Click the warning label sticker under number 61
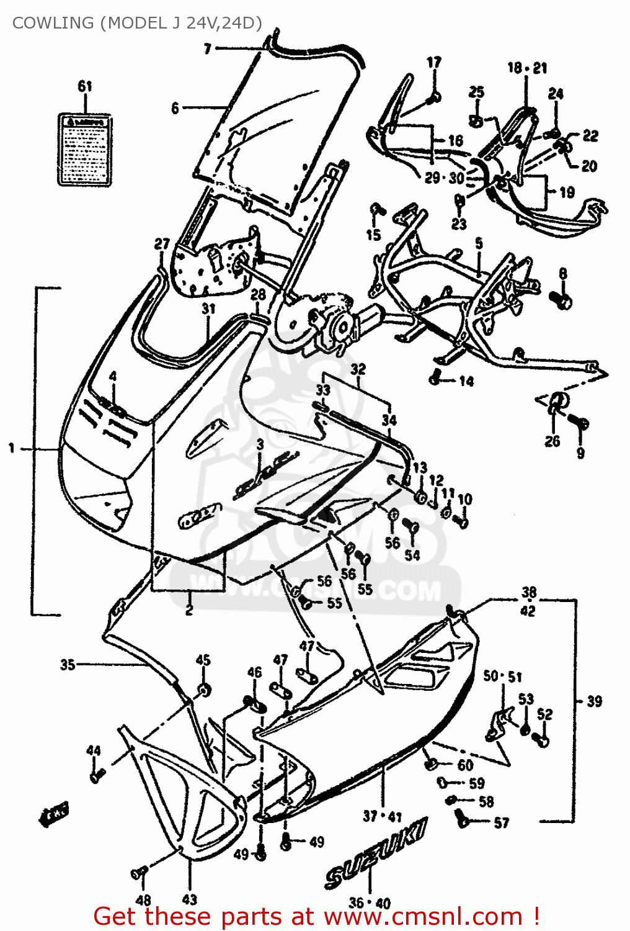coord(85,150)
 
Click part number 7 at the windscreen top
coord(208,48)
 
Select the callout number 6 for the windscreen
coord(175,109)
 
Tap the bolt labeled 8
coord(564,300)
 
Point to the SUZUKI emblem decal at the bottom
coord(375,853)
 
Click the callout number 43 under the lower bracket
coord(190,899)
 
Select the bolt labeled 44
coord(97,774)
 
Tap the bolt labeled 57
coord(463,819)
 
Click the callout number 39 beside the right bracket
coord(594,701)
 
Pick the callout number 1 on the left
coord(11,448)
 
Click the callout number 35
coord(68,665)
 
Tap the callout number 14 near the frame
coord(466,381)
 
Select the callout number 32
coord(358,369)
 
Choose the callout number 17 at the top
coord(434,62)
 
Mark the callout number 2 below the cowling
coord(189,611)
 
